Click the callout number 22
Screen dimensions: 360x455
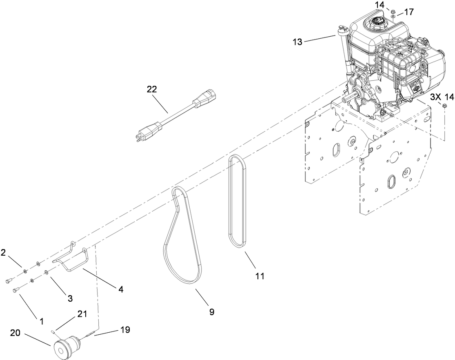[151, 90]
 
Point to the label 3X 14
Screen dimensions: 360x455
[442, 97]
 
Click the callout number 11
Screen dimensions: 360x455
[260, 276]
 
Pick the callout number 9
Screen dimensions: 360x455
[211, 312]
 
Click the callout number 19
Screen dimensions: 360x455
[125, 330]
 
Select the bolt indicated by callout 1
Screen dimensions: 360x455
[16, 290]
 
